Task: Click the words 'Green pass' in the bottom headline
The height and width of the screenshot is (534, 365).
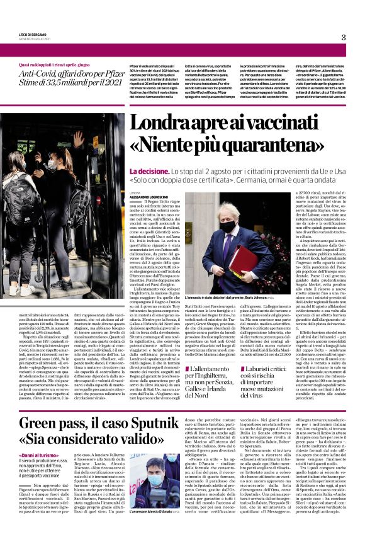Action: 56,404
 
